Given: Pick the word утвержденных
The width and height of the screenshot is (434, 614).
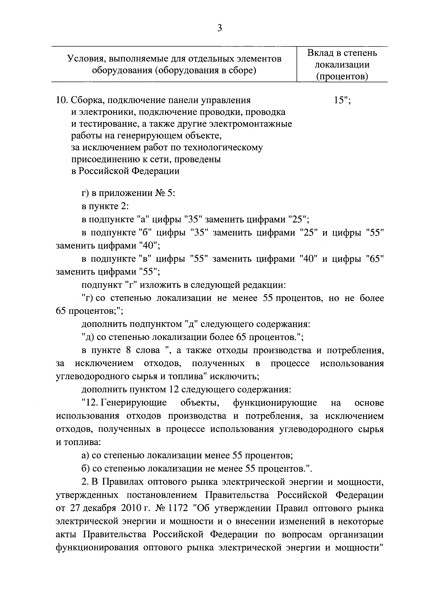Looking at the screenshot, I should pyautogui.click(x=87, y=495).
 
